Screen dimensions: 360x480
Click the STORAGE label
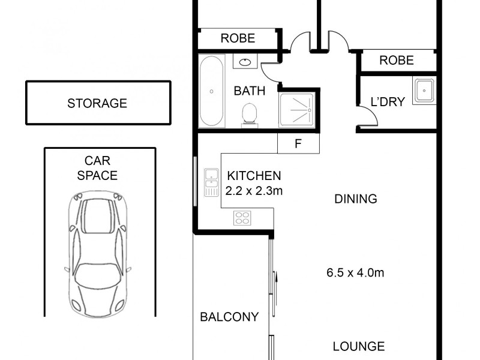[x=97, y=103]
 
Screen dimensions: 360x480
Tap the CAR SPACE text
[x=101, y=168]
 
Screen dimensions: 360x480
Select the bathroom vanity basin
[x=245, y=62]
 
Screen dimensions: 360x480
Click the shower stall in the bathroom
[x=296, y=110]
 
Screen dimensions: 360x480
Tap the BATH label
[x=250, y=91]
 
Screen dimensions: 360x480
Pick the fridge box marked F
[x=298, y=143]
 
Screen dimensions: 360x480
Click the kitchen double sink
[x=211, y=182]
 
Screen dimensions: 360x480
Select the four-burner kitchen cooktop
[x=242, y=218]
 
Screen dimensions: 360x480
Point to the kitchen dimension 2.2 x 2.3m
[x=254, y=190]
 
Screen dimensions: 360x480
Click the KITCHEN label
[x=254, y=176]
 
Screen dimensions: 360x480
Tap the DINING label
[x=356, y=199]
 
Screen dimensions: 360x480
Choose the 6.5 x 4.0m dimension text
[x=355, y=273]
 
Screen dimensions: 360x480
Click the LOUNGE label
[x=359, y=346]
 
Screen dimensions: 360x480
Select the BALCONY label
[x=229, y=317]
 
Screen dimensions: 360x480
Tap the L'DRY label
[x=388, y=101]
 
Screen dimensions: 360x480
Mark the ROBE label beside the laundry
[x=397, y=60]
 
